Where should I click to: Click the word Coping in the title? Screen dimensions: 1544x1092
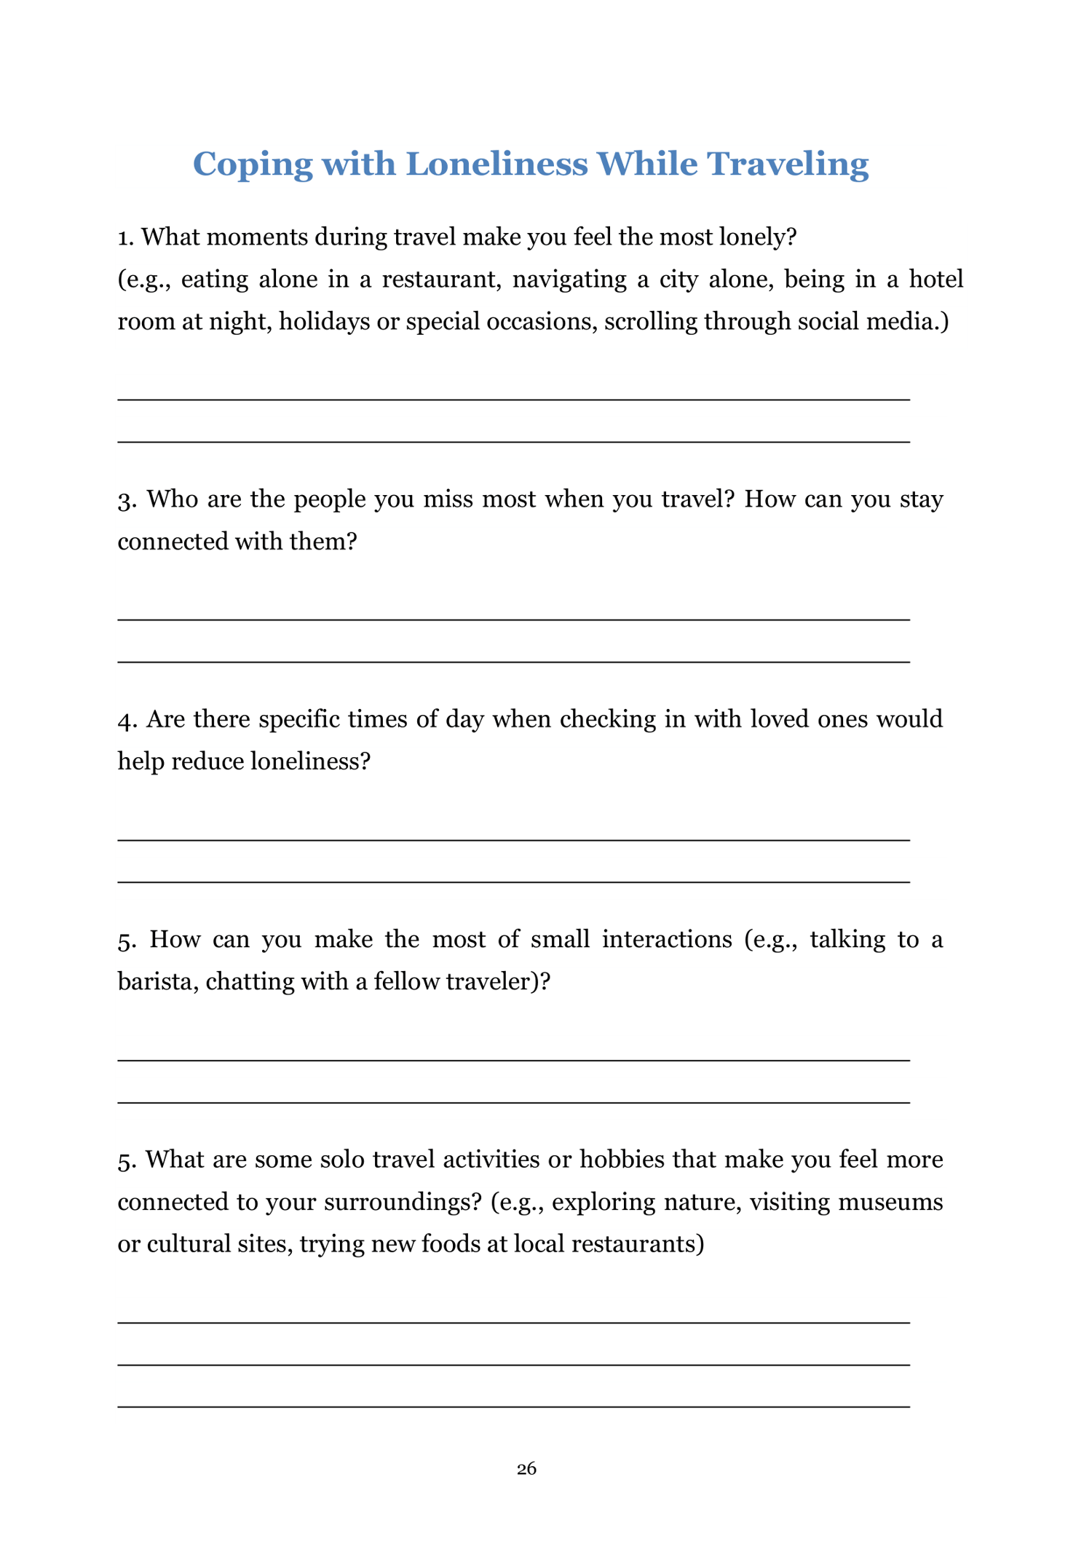[253, 165]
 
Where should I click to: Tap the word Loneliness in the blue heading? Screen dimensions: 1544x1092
[496, 165]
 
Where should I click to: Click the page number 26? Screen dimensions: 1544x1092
[526, 1468]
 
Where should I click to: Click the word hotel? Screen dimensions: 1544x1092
[936, 279]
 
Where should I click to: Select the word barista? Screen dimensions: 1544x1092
[156, 981]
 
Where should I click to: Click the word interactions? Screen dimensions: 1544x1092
[667, 939]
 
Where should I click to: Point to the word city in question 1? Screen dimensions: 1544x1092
[678, 279]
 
